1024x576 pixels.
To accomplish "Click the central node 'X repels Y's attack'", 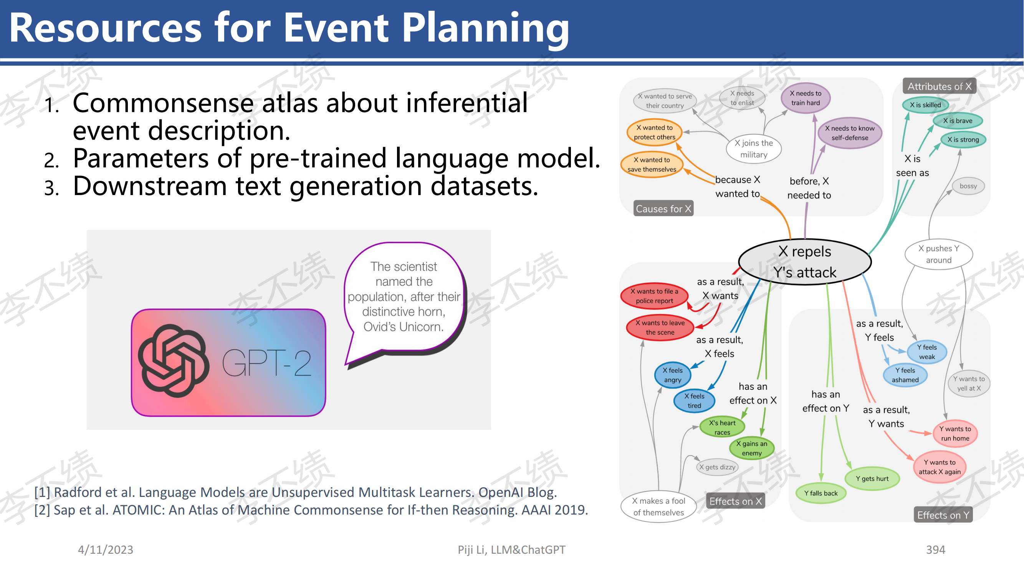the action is pos(805,262).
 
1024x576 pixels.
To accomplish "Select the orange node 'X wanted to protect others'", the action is pos(654,132).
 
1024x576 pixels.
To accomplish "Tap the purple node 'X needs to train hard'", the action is pos(806,98).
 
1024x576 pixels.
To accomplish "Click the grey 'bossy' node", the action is pos(968,186).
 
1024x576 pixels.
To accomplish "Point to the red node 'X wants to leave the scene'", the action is pos(660,328).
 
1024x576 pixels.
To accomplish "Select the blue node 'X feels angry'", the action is pos(673,375).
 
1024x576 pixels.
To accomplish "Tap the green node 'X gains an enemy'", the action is pos(752,449).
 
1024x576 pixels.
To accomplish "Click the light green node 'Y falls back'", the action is pos(821,493).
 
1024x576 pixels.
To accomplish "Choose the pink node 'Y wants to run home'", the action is pos(955,434).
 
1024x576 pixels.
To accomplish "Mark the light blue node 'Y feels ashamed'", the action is pos(905,375).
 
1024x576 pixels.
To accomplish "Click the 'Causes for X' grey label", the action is pos(663,208).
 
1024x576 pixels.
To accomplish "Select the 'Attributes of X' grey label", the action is pos(939,86).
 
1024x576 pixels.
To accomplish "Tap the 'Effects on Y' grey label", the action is pos(943,515).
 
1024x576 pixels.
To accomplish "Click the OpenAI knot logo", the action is pos(173,361).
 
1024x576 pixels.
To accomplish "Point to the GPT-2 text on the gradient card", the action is pos(267,363).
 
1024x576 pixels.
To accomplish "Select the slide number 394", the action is pos(935,550).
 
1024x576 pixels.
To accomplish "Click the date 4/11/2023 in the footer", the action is pos(105,550).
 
